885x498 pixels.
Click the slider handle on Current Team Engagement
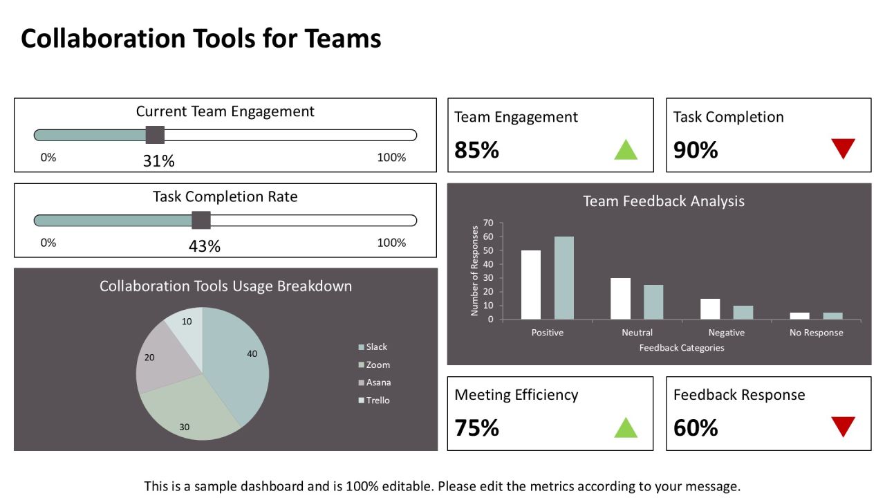click(155, 135)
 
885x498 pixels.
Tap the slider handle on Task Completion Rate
click(201, 221)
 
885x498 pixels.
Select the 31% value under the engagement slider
click(159, 161)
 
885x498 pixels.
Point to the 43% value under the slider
click(205, 246)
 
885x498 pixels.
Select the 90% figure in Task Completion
click(696, 150)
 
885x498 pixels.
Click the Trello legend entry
click(374, 400)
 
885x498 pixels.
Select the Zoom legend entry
click(374, 365)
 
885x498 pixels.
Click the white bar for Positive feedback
click(531, 284)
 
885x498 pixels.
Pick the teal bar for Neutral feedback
click(653, 302)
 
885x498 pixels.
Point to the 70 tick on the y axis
click(488, 223)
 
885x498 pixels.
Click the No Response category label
click(817, 333)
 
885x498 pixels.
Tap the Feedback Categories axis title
click(682, 348)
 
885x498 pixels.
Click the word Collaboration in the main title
click(103, 38)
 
